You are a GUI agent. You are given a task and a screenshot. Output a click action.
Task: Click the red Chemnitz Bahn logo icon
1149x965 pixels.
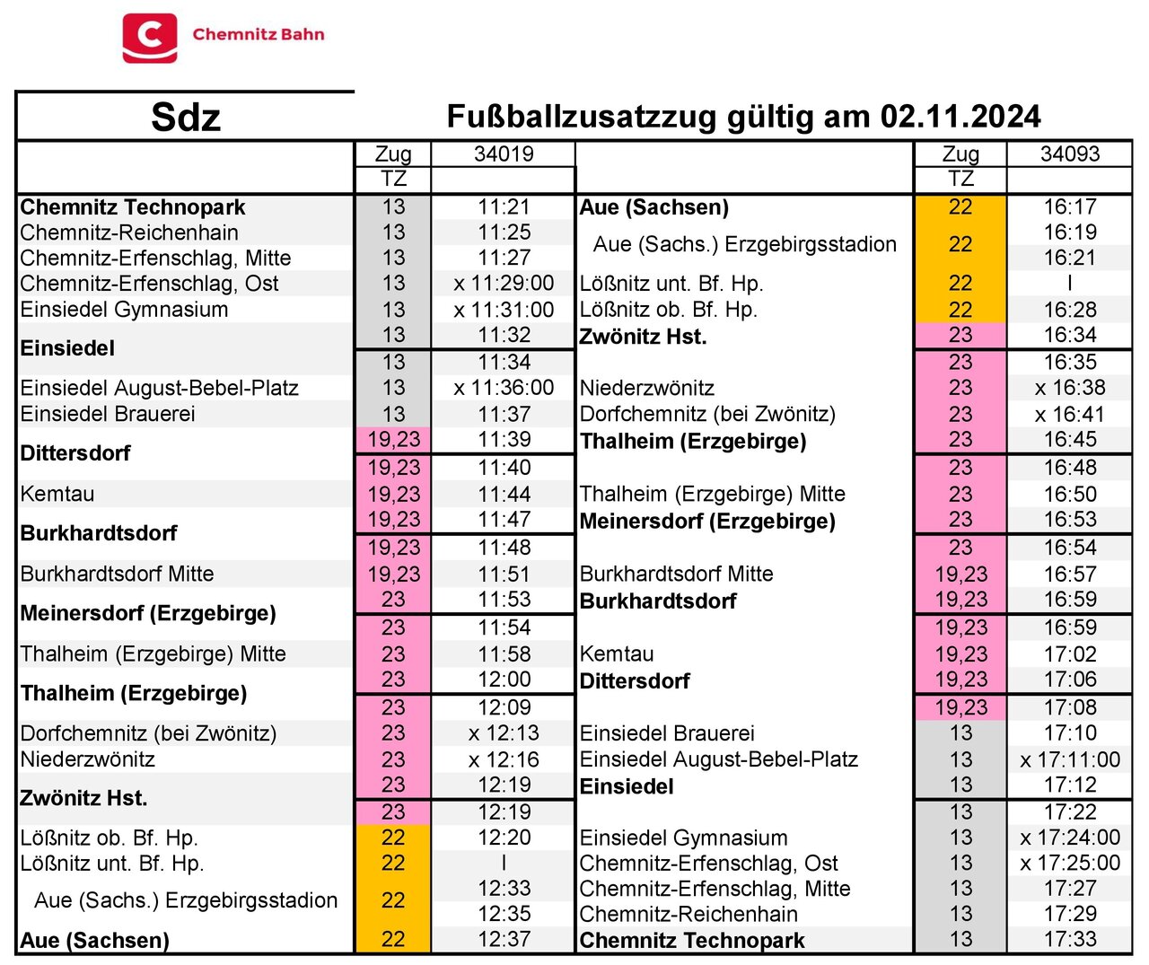[150, 38]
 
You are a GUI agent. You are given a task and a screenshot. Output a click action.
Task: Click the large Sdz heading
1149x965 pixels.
[185, 118]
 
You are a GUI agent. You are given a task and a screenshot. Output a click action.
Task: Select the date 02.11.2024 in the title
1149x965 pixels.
[960, 117]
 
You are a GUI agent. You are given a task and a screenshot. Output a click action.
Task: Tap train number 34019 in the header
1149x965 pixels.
[504, 154]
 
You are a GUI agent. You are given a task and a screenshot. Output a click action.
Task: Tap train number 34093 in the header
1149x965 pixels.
[1069, 154]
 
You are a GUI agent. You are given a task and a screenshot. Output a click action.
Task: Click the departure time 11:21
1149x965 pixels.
[504, 206]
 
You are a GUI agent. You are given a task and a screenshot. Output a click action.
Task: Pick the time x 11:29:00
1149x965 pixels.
[504, 283]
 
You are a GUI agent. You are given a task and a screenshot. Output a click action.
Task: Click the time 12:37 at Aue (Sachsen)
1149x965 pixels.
[504, 939]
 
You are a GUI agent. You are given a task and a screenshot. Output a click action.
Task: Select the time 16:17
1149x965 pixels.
[1069, 206]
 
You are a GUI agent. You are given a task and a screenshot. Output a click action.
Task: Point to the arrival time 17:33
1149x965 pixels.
[1069, 939]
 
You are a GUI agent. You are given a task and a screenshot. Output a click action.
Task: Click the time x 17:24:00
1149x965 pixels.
[1069, 838]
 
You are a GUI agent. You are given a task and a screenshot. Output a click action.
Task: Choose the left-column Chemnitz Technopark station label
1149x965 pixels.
[133, 207]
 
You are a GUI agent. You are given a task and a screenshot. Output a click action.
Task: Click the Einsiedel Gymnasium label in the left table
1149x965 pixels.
[124, 310]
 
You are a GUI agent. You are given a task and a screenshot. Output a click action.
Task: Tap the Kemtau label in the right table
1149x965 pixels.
[617, 654]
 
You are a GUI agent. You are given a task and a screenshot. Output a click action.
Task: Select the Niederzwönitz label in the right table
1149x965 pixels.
[646, 388]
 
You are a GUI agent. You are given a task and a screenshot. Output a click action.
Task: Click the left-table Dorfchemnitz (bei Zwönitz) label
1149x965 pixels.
[148, 733]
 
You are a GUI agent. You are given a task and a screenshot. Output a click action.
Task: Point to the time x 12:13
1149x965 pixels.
[504, 733]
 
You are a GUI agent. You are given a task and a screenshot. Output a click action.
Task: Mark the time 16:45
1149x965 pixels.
[1069, 440]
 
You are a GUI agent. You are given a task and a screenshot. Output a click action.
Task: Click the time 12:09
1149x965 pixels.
[504, 707]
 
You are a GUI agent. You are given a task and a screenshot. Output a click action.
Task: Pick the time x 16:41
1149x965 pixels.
[1069, 414]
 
